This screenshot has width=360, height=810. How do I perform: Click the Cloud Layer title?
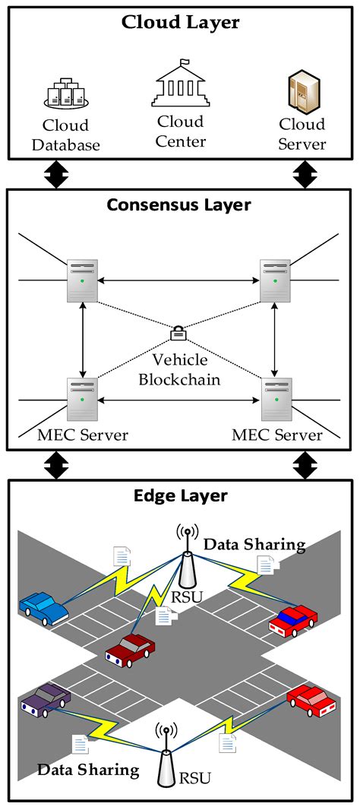180,22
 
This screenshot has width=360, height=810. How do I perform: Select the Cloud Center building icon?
181,83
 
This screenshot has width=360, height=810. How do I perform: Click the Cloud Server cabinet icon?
302,90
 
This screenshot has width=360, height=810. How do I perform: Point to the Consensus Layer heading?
179,205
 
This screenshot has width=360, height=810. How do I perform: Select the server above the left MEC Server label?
82,399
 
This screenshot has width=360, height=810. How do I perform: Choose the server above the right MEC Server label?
276,399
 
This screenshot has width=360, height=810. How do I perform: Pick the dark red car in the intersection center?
130,649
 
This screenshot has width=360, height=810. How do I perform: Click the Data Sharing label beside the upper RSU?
254,544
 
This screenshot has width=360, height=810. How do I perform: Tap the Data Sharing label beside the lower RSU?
89,770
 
